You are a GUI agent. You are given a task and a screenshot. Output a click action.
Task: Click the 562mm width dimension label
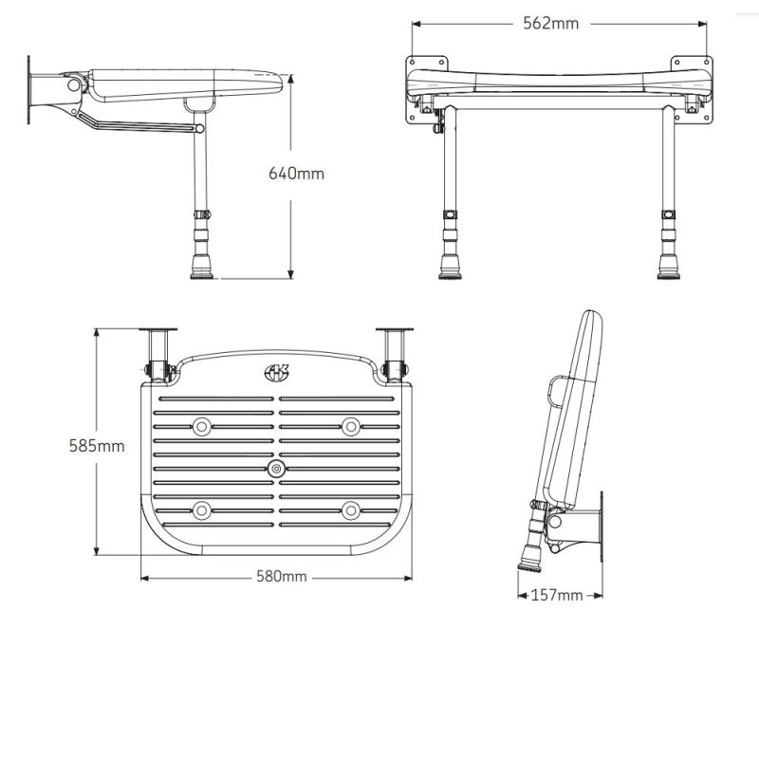click(549, 24)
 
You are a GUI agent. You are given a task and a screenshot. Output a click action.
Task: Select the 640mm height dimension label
click(296, 173)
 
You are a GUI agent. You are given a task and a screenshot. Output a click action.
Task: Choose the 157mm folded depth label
click(557, 595)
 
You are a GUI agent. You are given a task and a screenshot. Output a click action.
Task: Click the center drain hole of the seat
click(276, 470)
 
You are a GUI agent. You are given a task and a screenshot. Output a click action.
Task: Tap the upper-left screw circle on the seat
click(202, 427)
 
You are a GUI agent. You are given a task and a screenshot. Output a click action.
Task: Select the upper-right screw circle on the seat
click(351, 427)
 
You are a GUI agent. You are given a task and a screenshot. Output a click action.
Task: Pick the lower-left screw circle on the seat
click(202, 511)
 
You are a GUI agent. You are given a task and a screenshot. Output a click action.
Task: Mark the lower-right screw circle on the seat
click(351, 511)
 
